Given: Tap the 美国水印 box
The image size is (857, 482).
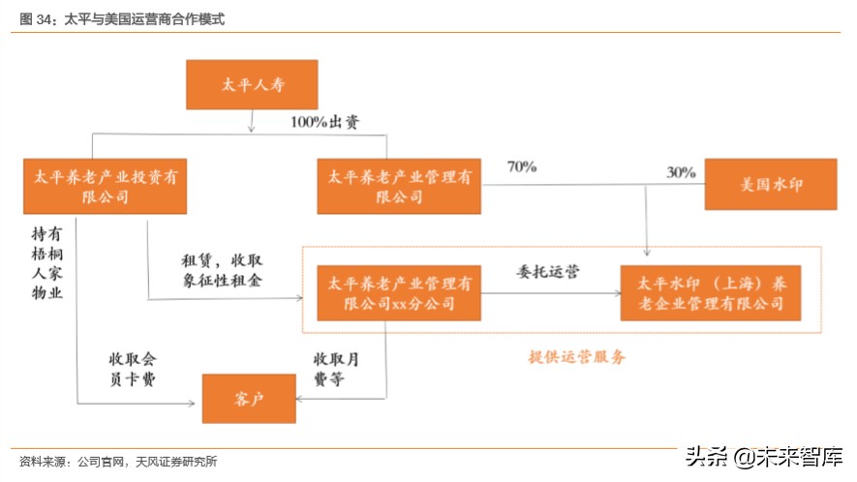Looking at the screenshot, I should click(x=771, y=184).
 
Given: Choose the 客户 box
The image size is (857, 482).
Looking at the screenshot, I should click(x=247, y=398).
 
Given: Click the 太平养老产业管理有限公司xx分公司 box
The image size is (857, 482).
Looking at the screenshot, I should click(x=398, y=293).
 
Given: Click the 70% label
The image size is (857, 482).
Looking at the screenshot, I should click(x=521, y=166).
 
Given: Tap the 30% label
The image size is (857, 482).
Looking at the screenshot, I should click(x=681, y=172).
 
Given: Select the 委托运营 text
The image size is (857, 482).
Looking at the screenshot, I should click(x=548, y=272).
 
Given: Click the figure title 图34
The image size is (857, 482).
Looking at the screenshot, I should click(x=121, y=17).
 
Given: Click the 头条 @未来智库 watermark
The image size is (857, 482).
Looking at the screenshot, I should click(x=765, y=456).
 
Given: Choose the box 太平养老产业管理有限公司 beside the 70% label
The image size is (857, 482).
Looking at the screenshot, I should click(x=398, y=186).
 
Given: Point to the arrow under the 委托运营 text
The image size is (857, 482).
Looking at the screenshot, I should click(x=548, y=291).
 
